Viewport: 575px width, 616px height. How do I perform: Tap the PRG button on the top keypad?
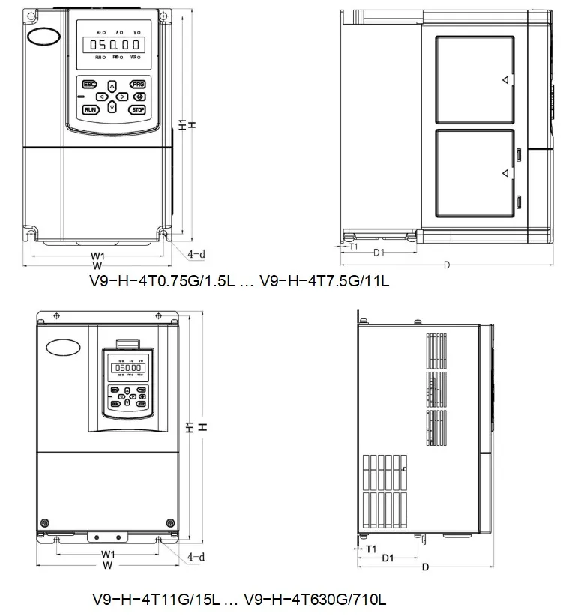[137, 85]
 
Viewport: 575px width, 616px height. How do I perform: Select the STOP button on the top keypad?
[137, 109]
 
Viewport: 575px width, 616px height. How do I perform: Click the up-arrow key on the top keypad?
[112, 85]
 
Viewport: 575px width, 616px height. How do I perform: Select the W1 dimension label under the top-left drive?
[97, 256]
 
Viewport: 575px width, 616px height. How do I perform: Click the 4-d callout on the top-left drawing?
[196, 254]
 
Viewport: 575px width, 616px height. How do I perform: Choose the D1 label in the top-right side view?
[379, 252]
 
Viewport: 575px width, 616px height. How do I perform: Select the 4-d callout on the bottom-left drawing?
[196, 557]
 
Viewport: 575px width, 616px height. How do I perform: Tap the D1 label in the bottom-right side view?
[388, 558]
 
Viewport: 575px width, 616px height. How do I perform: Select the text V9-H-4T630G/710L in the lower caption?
[315, 600]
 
